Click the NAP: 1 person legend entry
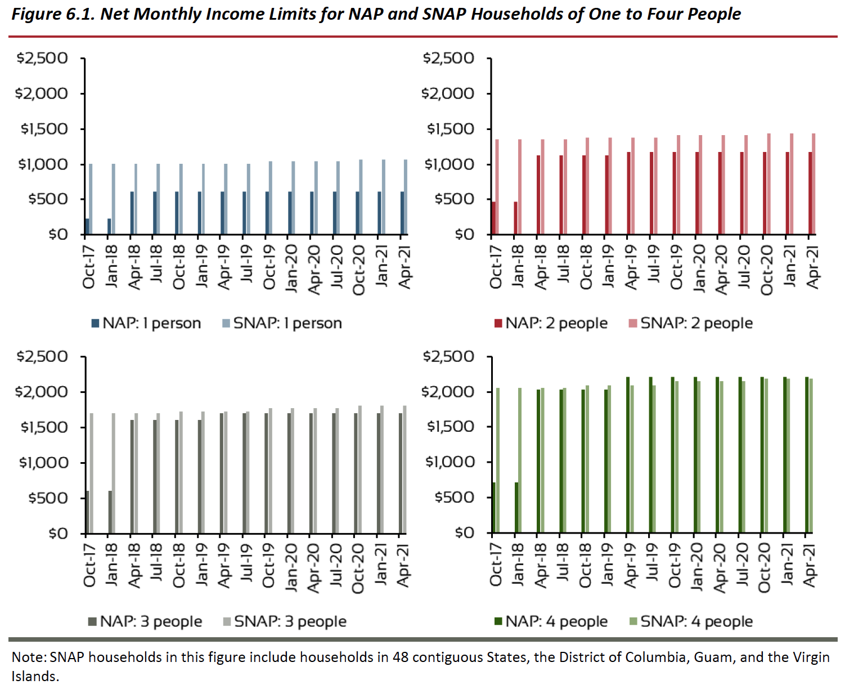click(146, 323)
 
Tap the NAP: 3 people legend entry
click(145, 621)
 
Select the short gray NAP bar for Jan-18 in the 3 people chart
click(110, 512)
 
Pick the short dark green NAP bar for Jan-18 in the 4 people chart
click(516, 507)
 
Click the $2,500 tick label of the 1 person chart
click(42, 58)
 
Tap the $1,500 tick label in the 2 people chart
click(450, 129)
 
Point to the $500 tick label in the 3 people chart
click(48, 498)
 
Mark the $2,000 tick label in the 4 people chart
click(448, 392)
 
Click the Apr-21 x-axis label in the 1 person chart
click(404, 267)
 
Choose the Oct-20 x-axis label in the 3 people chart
click(358, 568)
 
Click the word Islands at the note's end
click(35, 676)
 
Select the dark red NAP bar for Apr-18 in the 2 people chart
click(538, 195)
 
